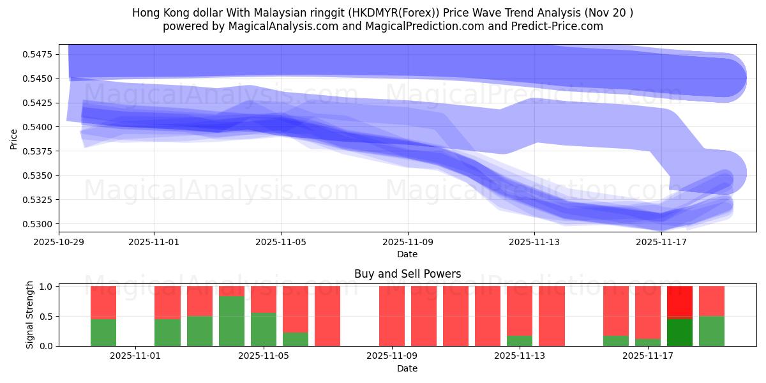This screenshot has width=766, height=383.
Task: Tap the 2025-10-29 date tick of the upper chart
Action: [x=59, y=242]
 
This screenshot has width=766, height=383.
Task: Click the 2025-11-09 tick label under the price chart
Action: [x=408, y=242]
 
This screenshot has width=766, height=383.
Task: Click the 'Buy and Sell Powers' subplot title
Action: [x=407, y=274]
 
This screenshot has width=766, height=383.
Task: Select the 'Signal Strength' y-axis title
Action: [x=30, y=316]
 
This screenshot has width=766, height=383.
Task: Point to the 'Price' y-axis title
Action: [x=14, y=139]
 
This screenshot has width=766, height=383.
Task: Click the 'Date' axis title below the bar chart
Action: [x=407, y=368]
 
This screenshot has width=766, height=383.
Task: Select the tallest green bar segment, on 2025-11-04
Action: [x=232, y=321]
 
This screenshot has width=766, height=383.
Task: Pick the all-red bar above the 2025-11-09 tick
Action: [x=392, y=316]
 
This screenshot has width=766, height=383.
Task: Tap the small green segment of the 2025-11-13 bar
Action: [x=520, y=341]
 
